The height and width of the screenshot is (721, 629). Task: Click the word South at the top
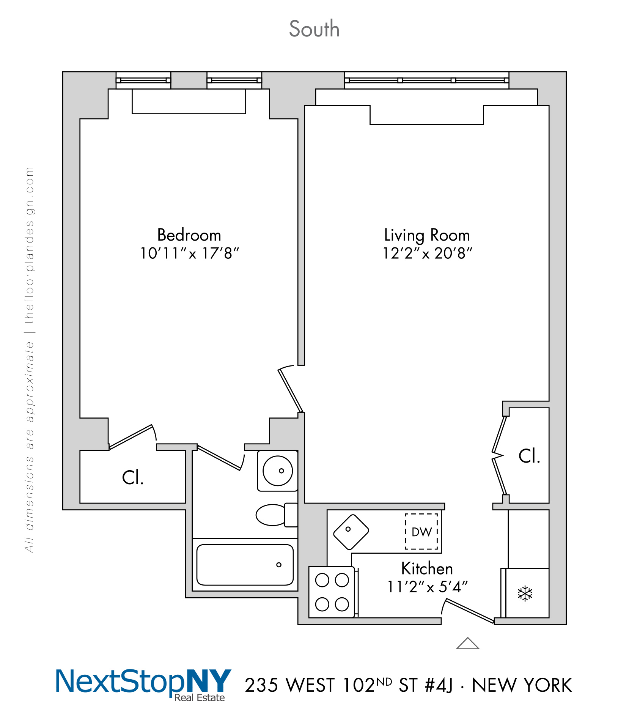click(x=314, y=29)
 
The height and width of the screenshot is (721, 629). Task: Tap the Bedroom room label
click(x=189, y=235)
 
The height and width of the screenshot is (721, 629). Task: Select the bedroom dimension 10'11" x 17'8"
click(x=189, y=253)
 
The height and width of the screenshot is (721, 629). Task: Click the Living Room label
click(x=427, y=235)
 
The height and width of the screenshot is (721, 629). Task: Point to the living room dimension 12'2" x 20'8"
click(x=427, y=253)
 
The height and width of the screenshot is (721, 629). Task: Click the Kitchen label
click(x=427, y=568)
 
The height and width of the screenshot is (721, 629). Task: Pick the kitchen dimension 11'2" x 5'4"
click(x=427, y=587)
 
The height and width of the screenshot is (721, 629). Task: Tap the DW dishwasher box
click(x=421, y=532)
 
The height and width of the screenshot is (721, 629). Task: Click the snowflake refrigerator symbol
click(x=525, y=593)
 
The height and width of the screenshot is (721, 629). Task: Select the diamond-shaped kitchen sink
click(x=351, y=532)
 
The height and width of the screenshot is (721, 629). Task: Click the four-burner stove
click(x=332, y=592)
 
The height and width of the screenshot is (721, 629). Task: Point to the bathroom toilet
click(x=276, y=515)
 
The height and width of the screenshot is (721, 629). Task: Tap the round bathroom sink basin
click(x=278, y=471)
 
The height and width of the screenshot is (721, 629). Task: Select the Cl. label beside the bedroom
click(x=133, y=478)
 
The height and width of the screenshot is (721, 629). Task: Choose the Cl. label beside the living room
click(x=529, y=456)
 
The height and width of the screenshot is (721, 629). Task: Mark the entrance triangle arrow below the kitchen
click(x=468, y=644)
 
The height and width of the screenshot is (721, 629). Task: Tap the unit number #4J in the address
click(x=439, y=685)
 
